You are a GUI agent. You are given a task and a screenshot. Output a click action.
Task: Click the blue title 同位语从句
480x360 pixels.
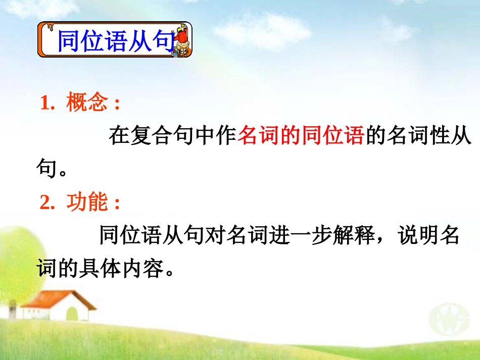coord(115,41)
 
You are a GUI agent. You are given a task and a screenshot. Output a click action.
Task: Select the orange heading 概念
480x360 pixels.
coord(86,104)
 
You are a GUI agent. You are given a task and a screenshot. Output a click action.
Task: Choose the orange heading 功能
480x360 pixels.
coord(86,203)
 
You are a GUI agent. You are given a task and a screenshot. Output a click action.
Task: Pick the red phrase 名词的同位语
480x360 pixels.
coord(301,136)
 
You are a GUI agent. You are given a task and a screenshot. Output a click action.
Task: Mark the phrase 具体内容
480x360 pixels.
coord(120,269)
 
